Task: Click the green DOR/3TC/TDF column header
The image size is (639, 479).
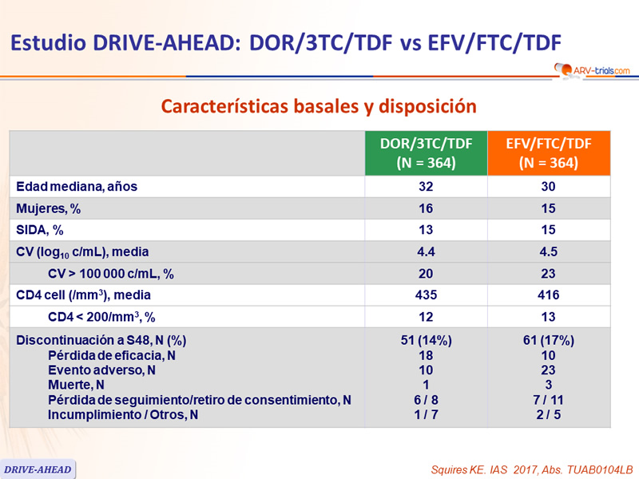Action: coord(427,152)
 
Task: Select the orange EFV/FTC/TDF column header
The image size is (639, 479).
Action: coord(549,152)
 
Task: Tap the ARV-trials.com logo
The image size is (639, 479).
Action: coord(591,71)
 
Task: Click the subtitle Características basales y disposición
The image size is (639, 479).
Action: coord(319,105)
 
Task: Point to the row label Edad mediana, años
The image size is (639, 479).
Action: coord(77,187)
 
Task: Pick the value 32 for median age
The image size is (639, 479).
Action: coord(427,187)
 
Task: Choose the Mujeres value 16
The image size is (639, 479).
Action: coord(427,208)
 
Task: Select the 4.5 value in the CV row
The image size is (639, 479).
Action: coord(549,252)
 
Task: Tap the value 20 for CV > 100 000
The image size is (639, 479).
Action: coord(427,274)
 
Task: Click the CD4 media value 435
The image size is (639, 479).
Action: coord(427,295)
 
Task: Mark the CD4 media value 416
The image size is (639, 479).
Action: coord(549,295)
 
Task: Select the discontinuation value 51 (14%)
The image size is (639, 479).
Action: coord(427,341)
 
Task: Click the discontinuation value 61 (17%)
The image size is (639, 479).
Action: coord(549,341)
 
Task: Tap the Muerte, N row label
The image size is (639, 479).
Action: coord(77,385)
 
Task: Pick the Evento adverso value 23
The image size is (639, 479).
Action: coord(549,370)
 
